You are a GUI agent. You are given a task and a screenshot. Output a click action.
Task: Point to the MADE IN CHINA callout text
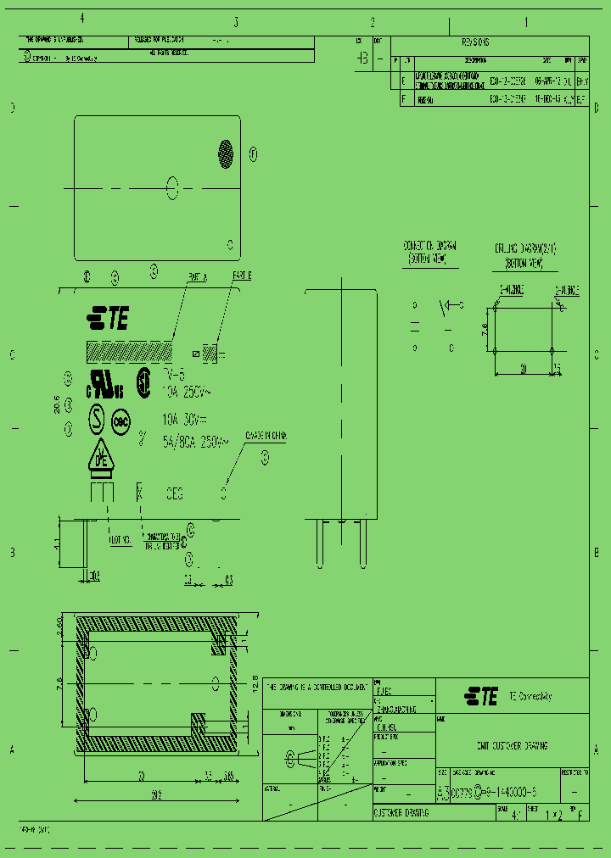(x=266, y=436)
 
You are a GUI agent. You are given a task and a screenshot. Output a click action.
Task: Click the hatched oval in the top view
(x=226, y=153)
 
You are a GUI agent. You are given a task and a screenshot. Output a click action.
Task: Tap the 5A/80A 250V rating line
(x=195, y=442)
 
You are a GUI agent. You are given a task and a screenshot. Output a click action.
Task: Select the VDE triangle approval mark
(x=101, y=457)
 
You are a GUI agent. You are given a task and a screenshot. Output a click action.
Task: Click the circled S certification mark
(x=98, y=418)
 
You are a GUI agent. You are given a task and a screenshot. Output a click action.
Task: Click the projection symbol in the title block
(x=294, y=756)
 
